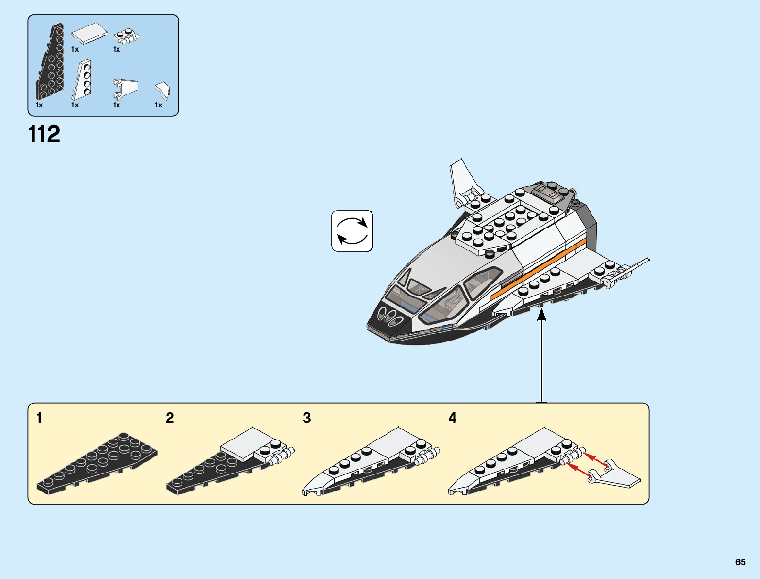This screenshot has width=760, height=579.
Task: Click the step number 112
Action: coord(44,134)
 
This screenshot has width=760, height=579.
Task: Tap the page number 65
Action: coord(740,562)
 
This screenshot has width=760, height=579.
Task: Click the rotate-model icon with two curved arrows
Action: coord(352,231)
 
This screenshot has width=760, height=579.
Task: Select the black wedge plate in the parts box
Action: coord(51,62)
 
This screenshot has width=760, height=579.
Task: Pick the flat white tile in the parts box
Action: coord(89,34)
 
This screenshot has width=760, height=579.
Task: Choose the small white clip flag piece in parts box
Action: coord(125,88)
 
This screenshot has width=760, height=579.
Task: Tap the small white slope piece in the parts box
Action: coord(163,91)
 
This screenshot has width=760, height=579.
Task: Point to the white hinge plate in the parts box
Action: coord(126,36)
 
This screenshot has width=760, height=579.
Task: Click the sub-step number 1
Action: coord(39,418)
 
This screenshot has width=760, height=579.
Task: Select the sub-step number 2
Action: coord(169,418)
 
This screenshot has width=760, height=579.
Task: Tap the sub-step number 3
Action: coord(307,418)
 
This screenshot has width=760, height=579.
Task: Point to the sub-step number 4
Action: coord(453,418)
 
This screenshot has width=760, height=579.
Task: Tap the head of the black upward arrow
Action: coord(541,316)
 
